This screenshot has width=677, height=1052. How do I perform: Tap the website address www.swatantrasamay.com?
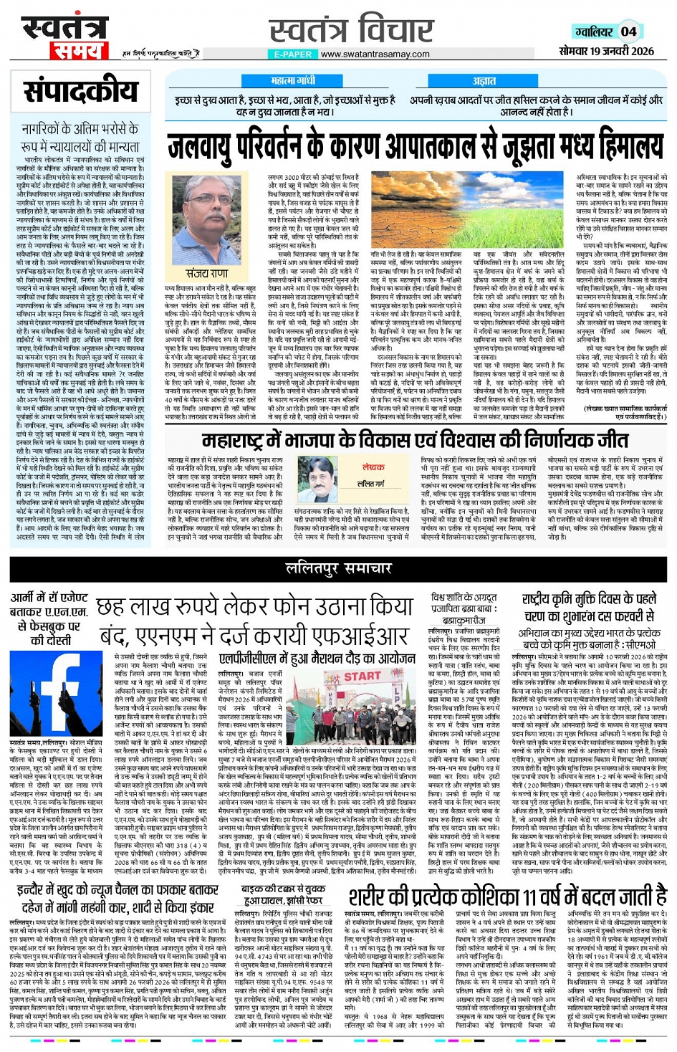point(375,54)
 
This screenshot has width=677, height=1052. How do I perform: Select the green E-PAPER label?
point(293,54)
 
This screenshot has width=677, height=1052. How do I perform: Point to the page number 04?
point(628,32)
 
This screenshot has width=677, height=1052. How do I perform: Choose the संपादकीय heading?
point(80,91)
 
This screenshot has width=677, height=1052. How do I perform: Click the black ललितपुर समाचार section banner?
point(338,568)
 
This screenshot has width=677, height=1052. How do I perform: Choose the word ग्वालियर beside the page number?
point(594,32)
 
